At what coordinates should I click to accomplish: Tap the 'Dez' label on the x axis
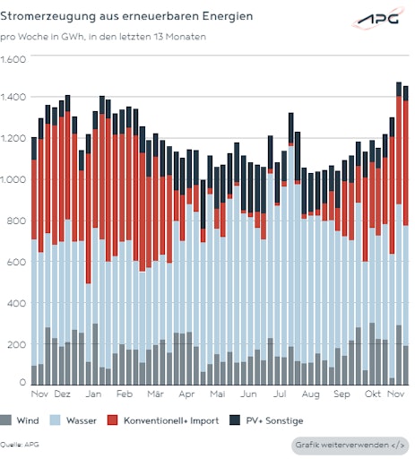pyautogui.click(x=62, y=394)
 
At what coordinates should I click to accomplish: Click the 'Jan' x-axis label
pyautogui.click(x=94, y=394)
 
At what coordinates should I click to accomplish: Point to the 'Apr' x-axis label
pyautogui.click(x=186, y=394)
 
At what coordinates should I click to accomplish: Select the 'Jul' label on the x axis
pyautogui.click(x=280, y=394)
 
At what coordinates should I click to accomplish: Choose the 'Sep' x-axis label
pyautogui.click(x=342, y=394)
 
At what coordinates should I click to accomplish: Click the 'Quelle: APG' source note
pyautogui.click(x=20, y=444)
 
